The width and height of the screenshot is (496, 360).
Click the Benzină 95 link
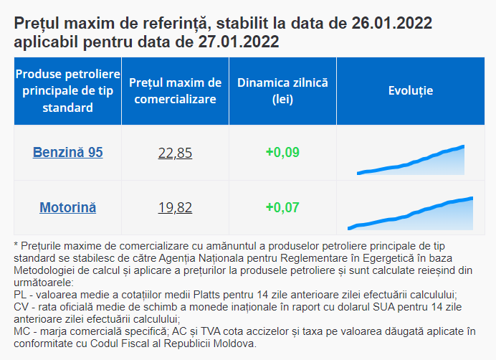coord(68,152)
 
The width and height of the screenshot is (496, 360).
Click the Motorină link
coord(68,208)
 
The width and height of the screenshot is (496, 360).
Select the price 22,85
coord(175,152)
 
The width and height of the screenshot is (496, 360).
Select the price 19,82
coord(175,208)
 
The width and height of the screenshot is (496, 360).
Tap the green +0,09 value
coord(282,152)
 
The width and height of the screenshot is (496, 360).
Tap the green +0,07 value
coord(282,208)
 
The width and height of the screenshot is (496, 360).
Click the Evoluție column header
coord(411,91)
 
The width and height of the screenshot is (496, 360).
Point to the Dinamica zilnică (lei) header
coord(282,91)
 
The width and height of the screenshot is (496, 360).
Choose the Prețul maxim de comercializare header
coord(176,91)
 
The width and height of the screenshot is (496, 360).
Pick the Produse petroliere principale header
coord(68,91)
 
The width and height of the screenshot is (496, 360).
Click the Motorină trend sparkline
coord(411,214)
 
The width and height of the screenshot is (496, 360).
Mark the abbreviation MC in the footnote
coord(22,331)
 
